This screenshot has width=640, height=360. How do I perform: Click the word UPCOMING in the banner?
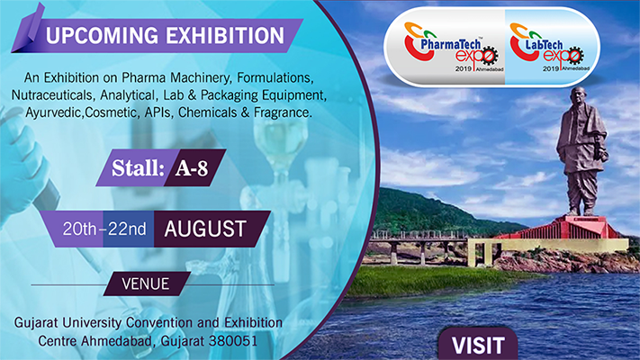pyautogui.click(x=102, y=35)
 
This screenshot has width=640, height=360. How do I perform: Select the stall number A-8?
pyautogui.click(x=192, y=168)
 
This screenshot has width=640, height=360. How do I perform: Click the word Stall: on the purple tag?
pyautogui.click(x=138, y=167)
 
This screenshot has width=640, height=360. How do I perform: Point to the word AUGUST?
pyautogui.click(x=205, y=229)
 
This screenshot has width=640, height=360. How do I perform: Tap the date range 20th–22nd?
pyautogui.click(x=104, y=229)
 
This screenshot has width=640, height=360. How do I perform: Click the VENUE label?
pyautogui.click(x=145, y=284)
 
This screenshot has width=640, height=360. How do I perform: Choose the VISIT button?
pyautogui.click(x=478, y=346)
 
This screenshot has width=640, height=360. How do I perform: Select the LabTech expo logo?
pyautogui.click(x=549, y=48)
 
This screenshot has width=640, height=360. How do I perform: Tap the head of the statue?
pyautogui.click(x=580, y=94)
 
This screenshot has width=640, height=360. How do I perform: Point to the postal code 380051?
pyautogui.click(x=233, y=341)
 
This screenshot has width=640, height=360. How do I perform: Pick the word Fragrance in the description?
pyautogui.click(x=283, y=112)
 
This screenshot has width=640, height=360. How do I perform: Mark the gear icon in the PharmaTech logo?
pyautogui.click(x=488, y=56)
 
